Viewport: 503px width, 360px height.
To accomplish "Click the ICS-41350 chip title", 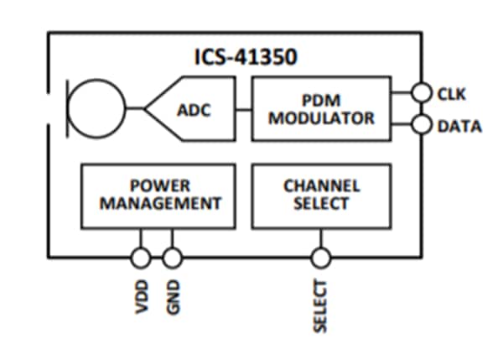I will point(237,58).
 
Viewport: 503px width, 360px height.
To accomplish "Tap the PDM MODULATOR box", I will point(321,108).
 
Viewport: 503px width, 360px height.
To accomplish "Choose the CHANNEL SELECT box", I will point(321,195).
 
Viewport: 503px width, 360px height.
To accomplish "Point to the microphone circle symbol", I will point(96,108).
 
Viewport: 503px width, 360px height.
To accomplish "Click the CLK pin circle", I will point(422,92).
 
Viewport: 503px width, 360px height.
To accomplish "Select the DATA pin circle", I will point(422,126).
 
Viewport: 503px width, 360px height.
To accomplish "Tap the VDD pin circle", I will point(141,257).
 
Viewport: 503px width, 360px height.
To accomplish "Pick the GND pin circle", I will point(173,257).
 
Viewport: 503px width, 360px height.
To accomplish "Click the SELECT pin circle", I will point(320,257).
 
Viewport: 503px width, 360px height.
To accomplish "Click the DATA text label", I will point(459,127).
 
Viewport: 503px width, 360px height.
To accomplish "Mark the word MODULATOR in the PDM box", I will point(321,117).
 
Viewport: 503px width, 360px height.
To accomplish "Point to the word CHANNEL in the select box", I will point(321,185).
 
